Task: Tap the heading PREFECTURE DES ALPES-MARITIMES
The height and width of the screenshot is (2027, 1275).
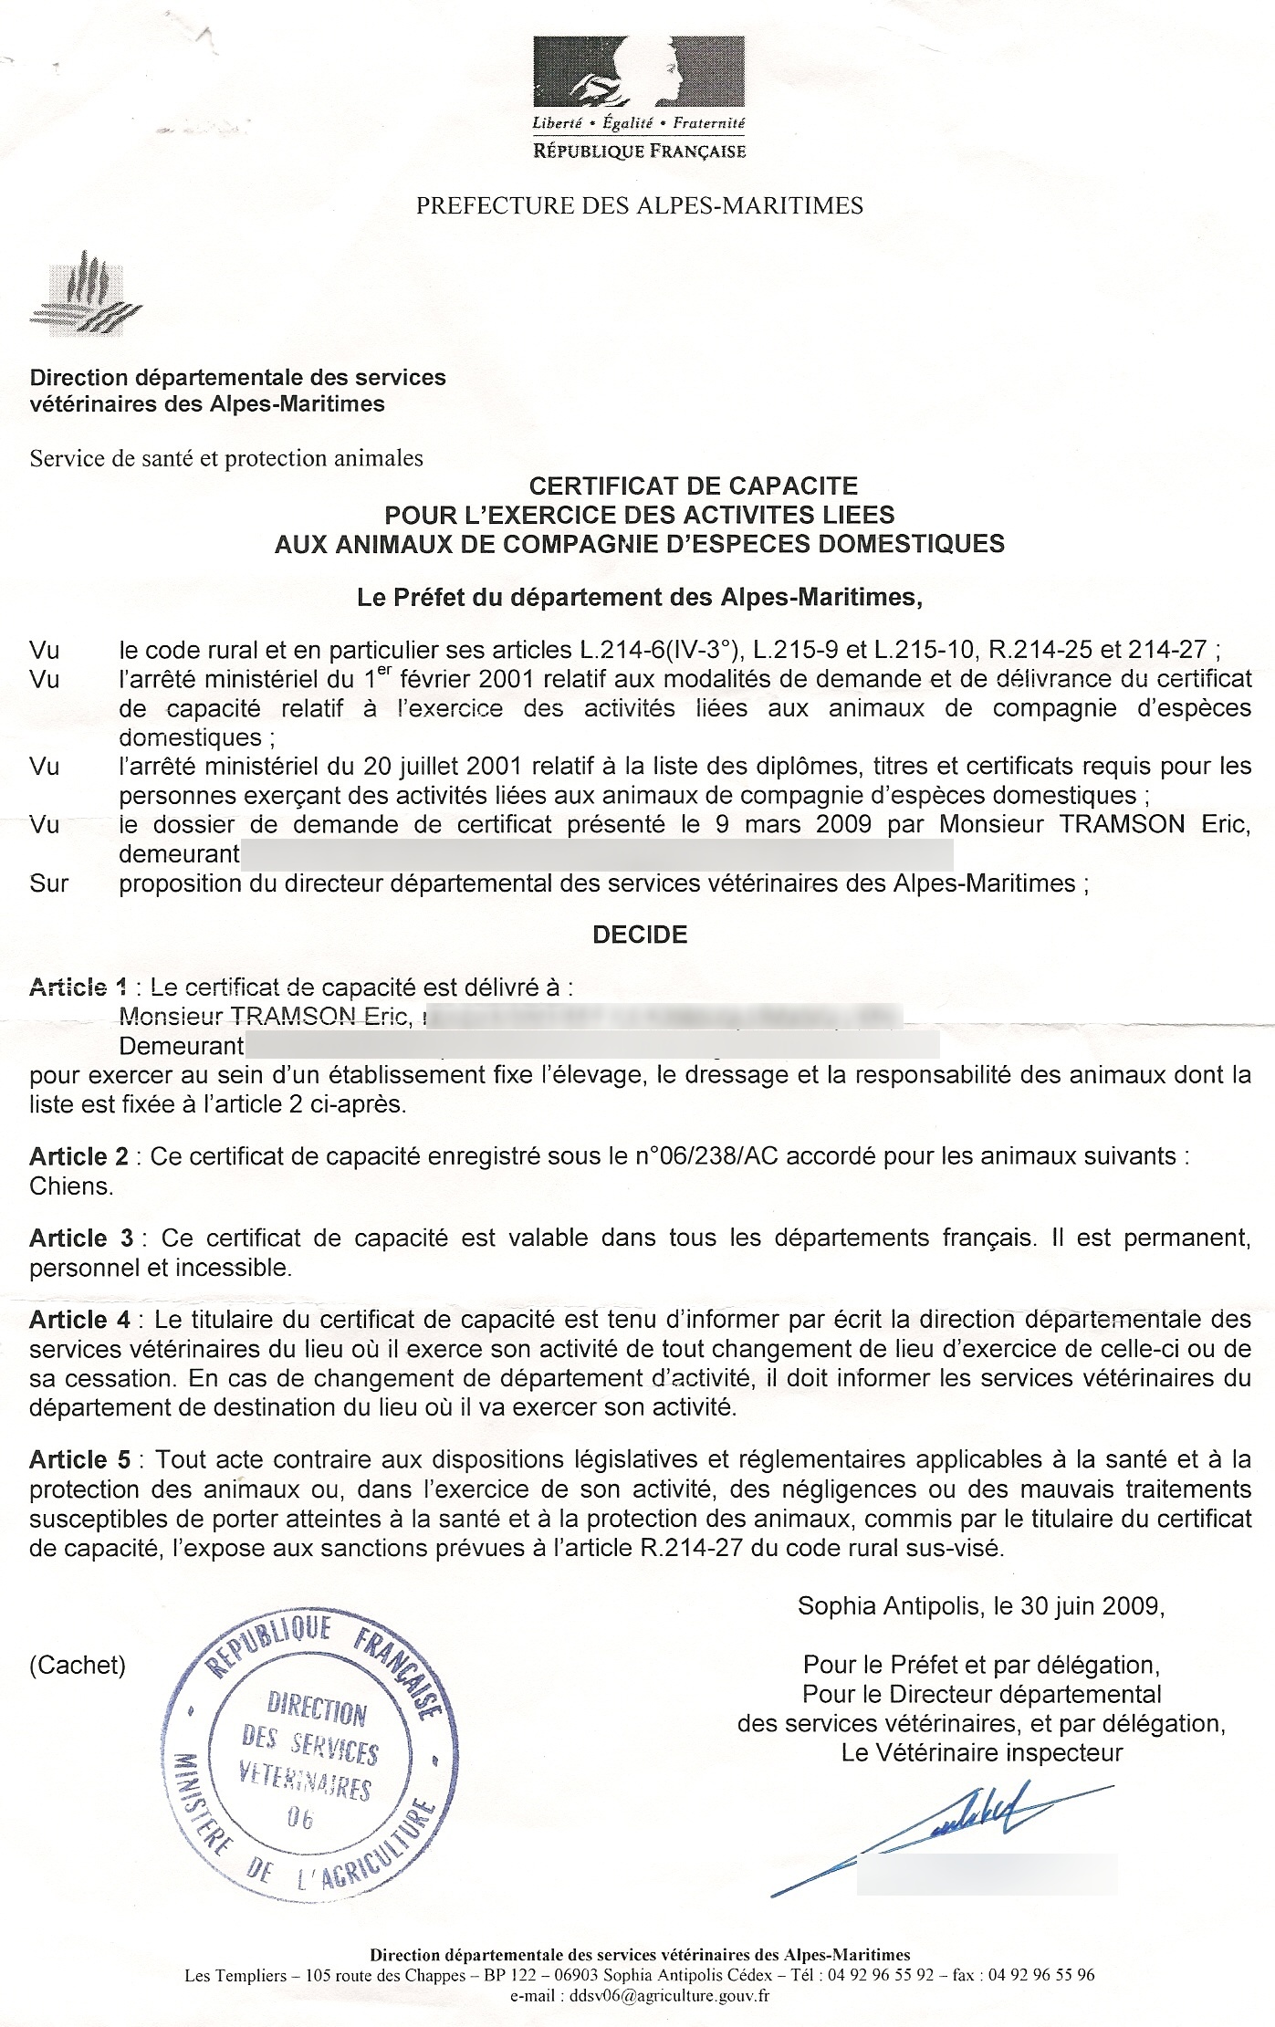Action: [639, 205]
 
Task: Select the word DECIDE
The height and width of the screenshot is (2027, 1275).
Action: [640, 935]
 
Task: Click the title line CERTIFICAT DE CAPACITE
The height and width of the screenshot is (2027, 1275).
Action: [694, 486]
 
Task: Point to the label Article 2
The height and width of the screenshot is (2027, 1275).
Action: [79, 1157]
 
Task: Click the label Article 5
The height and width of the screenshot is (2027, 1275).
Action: [79, 1460]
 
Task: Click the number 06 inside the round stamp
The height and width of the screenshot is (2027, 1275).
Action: [300, 1819]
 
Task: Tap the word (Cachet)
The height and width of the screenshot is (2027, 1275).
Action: [78, 1665]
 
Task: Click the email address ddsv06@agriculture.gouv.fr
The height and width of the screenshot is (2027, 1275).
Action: [669, 1995]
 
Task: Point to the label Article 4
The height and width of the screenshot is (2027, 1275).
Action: [79, 1320]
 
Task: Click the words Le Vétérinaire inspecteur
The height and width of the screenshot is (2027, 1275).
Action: [982, 1752]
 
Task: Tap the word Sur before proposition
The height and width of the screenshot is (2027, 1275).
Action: [48, 883]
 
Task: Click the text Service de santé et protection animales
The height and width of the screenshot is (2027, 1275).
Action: [226, 458]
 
